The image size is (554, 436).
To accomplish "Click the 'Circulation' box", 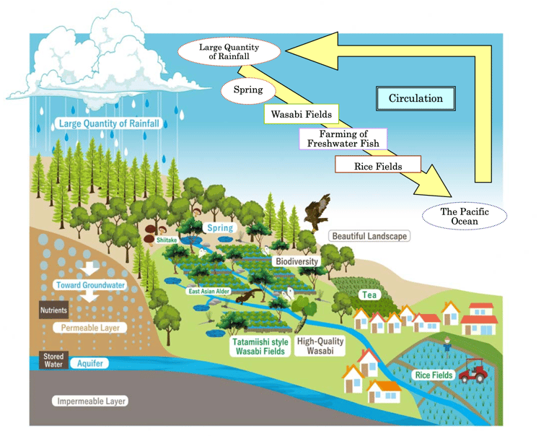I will (415, 99).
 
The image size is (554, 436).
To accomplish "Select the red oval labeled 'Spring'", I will (248, 92).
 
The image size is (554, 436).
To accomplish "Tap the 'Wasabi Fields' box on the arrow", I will (301, 114).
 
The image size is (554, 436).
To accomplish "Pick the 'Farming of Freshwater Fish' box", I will (343, 139).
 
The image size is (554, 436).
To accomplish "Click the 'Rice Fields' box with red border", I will (378, 166).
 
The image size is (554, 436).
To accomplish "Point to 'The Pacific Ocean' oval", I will (465, 216).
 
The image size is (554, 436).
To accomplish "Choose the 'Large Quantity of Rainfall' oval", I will (229, 52).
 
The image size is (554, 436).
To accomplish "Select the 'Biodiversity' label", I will (296, 261).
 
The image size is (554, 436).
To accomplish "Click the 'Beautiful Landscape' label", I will (369, 236).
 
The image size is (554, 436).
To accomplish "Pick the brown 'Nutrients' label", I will (53, 310).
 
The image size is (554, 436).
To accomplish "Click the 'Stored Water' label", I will (53, 359).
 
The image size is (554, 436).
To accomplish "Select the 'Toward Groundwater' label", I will (91, 285).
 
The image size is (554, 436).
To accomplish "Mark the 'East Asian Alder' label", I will (210, 291).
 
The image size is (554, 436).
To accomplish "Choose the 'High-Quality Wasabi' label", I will (321, 346).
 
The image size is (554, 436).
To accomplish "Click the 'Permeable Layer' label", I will (90, 328).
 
